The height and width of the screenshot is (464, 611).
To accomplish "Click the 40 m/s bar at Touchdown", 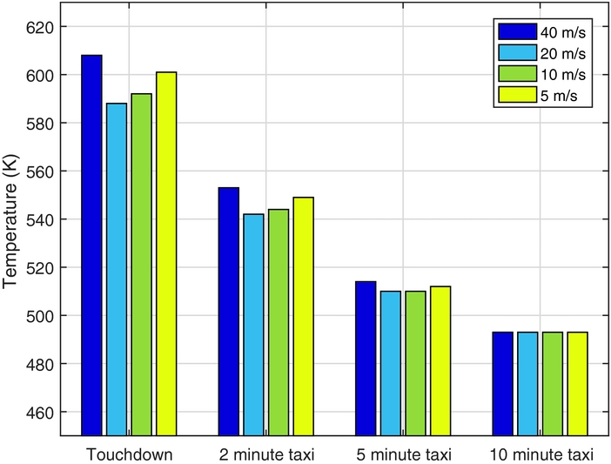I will tap(91, 245).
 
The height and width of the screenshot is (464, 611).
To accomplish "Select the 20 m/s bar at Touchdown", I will tap(117, 269).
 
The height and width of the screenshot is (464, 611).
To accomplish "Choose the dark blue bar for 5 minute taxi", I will tap(366, 358).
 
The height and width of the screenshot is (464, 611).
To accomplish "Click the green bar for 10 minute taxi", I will tap(553, 383).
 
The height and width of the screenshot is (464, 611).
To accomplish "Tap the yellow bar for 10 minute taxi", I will tap(578, 383).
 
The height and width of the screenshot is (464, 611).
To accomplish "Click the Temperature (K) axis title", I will tap(11, 231).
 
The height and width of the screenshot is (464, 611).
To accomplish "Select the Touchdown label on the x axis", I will tap(129, 454).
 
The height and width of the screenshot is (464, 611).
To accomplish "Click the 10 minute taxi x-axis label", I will tap(541, 454).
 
